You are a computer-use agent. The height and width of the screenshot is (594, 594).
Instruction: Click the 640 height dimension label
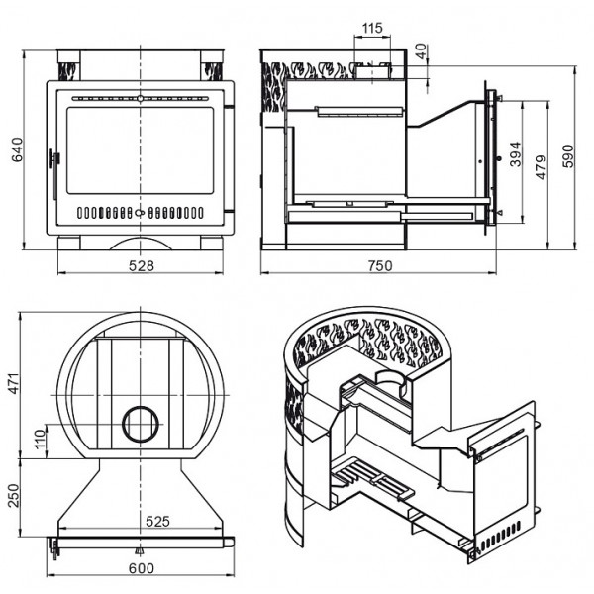coord(18,149)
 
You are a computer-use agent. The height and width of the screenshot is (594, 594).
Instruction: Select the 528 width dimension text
coord(142,266)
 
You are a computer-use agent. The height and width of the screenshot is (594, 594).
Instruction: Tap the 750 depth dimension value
coord(380,266)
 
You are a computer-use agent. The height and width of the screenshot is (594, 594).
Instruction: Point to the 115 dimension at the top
coord(372,28)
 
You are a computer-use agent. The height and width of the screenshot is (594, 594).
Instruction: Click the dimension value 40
coord(422,51)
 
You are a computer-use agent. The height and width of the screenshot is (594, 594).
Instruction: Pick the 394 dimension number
coord(515,154)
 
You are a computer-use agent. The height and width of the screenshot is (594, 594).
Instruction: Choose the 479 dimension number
coord(542,167)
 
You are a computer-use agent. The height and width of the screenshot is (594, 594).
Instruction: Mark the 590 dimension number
coord(568,155)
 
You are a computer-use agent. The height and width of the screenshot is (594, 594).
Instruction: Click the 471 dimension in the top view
coord(14,383)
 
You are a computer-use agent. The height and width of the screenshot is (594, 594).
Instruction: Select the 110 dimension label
coord(40,440)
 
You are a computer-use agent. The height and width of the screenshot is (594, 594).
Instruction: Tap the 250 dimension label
coord(14,496)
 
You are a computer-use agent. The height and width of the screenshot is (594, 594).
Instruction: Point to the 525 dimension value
coord(157,522)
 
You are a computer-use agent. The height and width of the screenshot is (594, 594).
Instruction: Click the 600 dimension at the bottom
coord(142,568)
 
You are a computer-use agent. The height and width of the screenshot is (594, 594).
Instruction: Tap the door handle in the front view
coord(54,159)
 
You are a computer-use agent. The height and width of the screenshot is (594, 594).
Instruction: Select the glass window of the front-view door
coord(141,150)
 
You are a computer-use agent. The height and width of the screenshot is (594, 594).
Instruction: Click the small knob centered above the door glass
coord(141,98)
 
